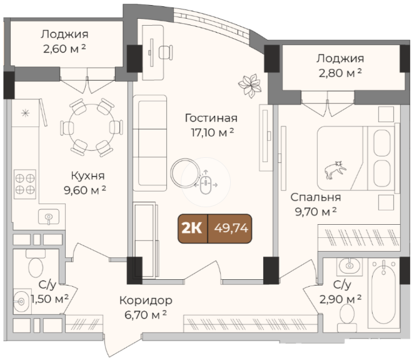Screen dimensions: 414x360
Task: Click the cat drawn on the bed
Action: (x=335, y=170)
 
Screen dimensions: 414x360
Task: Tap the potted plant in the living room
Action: (x=250, y=85)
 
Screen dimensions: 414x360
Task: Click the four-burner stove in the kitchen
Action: (x=25, y=184)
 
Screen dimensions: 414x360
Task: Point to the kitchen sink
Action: (x=49, y=217)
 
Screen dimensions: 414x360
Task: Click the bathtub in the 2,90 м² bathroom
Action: (x=383, y=291)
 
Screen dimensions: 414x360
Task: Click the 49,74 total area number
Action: (x=231, y=228)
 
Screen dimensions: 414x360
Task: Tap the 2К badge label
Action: (x=192, y=228)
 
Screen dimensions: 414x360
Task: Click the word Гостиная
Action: (x=211, y=118)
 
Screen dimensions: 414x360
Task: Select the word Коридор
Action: (x=146, y=301)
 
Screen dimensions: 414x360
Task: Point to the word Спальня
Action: (x=316, y=197)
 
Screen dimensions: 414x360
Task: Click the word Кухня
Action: (x=88, y=176)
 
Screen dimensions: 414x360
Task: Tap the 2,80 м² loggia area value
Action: (x=340, y=73)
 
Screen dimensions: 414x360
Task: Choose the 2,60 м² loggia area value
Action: (x=64, y=48)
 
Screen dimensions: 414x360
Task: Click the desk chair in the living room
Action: (x=166, y=52)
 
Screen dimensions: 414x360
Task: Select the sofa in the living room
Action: (x=149, y=143)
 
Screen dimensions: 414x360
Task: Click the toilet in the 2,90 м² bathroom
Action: (x=346, y=317)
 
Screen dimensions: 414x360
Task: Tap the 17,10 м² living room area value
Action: (x=212, y=133)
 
